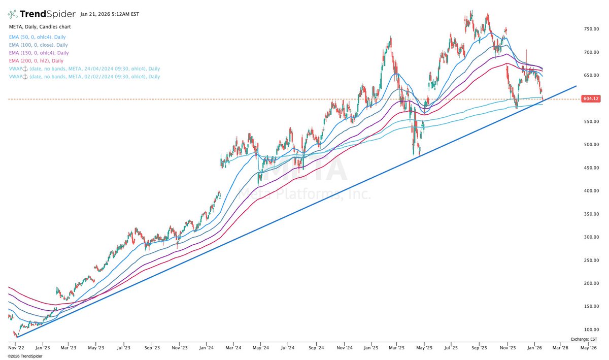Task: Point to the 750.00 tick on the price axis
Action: click(592, 29)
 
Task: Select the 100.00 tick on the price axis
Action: click(592, 330)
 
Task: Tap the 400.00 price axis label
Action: click(592, 191)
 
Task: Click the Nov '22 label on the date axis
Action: click(16, 348)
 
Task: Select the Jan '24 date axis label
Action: click(206, 348)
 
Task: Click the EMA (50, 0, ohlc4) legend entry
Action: click(37, 37)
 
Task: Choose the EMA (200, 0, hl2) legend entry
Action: click(36, 60)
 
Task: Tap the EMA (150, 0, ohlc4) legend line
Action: click(38, 53)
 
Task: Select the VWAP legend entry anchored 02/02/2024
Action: click(84, 77)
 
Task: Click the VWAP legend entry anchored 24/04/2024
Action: click(84, 69)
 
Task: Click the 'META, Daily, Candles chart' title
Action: click(40, 26)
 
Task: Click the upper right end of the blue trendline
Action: click(576, 86)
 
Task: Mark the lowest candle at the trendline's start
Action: click(17, 335)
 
